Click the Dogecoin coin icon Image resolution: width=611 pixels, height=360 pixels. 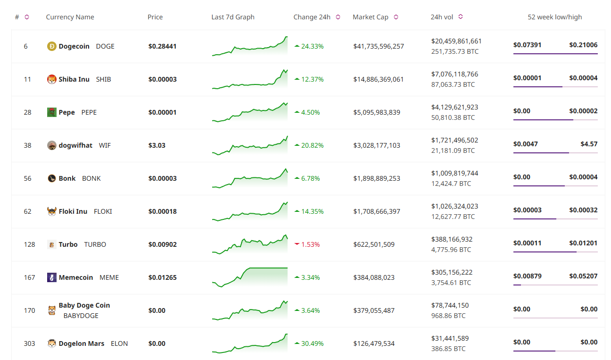(x=52, y=46)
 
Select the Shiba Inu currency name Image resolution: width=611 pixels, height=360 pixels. (x=74, y=79)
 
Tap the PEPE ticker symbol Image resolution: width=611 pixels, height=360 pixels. (x=89, y=112)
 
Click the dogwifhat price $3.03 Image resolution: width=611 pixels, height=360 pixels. (x=157, y=145)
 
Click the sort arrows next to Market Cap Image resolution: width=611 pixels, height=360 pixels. (x=396, y=17)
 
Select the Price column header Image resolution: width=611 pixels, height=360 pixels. (x=155, y=17)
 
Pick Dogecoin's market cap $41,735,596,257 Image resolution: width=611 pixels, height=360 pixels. (x=379, y=46)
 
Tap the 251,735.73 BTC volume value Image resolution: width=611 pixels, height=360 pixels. (x=454, y=51)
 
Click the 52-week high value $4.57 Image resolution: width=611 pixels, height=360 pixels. (x=589, y=144)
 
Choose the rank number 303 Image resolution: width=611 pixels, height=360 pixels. (x=30, y=343)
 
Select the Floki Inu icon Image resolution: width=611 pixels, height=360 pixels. (x=52, y=211)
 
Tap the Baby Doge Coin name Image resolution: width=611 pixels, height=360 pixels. (x=84, y=305)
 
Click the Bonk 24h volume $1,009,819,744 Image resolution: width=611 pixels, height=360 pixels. (x=454, y=173)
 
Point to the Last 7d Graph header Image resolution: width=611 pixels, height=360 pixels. (x=233, y=17)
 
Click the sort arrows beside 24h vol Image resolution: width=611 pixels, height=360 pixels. (x=461, y=17)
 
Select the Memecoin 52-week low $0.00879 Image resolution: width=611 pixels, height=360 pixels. (x=527, y=276)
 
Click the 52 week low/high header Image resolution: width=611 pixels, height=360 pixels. (x=555, y=17)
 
